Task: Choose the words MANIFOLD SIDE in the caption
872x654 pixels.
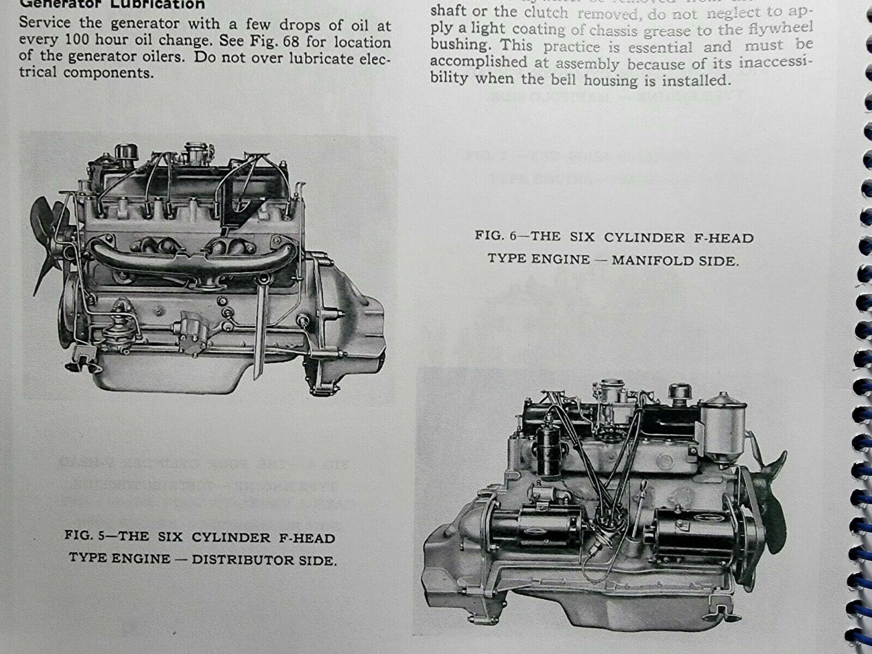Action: (675, 260)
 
